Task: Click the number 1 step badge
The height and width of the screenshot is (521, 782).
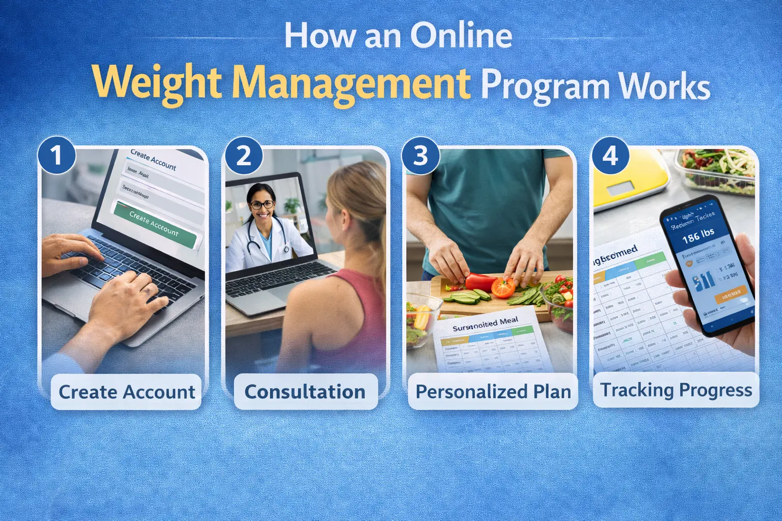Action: pyautogui.click(x=57, y=155)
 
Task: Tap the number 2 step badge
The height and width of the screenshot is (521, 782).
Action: pyautogui.click(x=244, y=155)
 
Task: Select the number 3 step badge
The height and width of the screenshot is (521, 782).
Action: pyautogui.click(x=420, y=155)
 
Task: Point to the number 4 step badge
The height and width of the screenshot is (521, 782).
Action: pyautogui.click(x=610, y=155)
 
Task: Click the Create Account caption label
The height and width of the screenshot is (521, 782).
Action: pyautogui.click(x=126, y=392)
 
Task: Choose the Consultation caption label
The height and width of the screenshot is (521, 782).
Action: pyautogui.click(x=305, y=392)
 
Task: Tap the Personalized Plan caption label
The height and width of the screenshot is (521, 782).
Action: pyautogui.click(x=493, y=392)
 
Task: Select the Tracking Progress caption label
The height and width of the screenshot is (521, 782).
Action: pyautogui.click(x=676, y=390)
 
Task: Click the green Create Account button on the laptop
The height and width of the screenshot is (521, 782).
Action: pyautogui.click(x=154, y=224)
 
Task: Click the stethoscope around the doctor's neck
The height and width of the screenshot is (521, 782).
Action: pyautogui.click(x=255, y=239)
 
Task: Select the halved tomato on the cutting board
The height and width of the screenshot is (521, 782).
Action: pyautogui.click(x=503, y=287)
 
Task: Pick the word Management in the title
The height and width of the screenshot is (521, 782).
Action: pyautogui.click(x=351, y=83)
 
